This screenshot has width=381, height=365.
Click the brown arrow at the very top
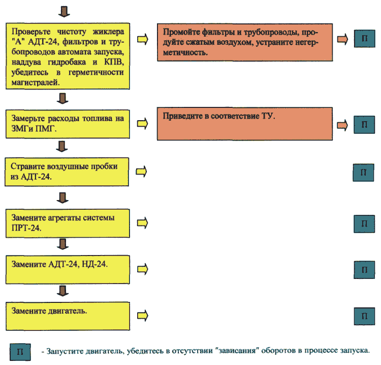(x=64, y=11)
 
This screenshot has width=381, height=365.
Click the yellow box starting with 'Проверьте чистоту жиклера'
(x=68, y=56)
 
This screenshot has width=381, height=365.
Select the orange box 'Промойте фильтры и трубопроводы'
(x=245, y=42)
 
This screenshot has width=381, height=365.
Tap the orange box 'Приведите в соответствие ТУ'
(x=245, y=124)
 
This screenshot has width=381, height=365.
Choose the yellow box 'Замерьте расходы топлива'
(x=68, y=124)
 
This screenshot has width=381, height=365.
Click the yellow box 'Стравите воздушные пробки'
(x=67, y=172)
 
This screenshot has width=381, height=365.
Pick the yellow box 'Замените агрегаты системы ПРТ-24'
(x=68, y=223)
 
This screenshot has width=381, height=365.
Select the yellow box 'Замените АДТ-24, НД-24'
(x=68, y=270)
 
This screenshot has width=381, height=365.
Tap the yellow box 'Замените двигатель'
(x=68, y=316)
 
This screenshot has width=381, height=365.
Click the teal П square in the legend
(x=20, y=352)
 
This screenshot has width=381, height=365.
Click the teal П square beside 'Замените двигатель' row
(x=364, y=316)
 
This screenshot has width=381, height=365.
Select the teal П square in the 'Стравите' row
(x=364, y=173)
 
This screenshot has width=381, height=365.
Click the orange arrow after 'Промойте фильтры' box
(x=342, y=39)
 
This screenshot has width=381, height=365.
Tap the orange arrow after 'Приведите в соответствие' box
(x=342, y=125)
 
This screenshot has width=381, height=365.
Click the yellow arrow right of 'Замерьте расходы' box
(x=142, y=124)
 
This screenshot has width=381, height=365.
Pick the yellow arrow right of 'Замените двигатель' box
(x=143, y=316)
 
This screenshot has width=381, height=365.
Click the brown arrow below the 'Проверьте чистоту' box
(x=62, y=98)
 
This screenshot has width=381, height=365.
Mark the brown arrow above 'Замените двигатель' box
(x=62, y=291)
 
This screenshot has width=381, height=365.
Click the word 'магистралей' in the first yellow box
(x=36, y=82)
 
